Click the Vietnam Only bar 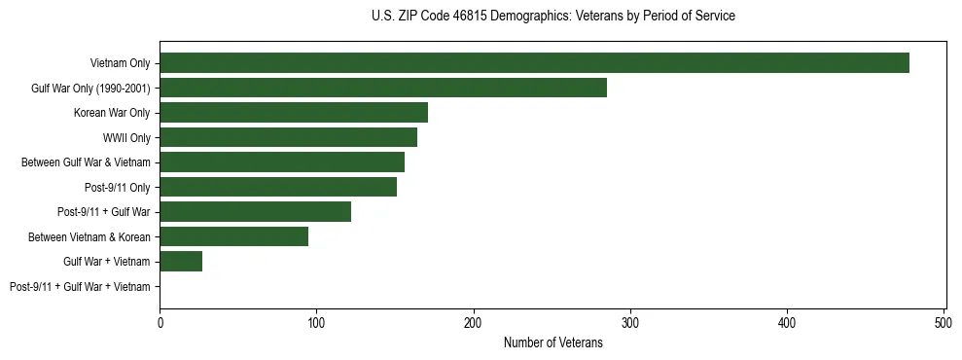pyautogui.click(x=534, y=63)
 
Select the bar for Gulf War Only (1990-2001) pyautogui.click(x=383, y=88)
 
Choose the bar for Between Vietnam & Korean pyautogui.click(x=233, y=236)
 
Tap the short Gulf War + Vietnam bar pyautogui.click(x=181, y=262)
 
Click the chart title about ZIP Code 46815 pyautogui.click(x=552, y=17)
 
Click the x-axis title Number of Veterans pyautogui.click(x=552, y=342)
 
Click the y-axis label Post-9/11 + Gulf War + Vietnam pyautogui.click(x=80, y=287)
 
